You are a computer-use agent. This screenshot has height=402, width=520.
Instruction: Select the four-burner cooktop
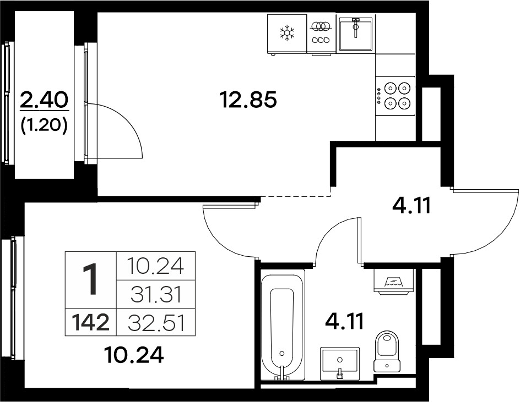point(396,96)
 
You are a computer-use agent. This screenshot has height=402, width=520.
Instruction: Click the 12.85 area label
point(248,100)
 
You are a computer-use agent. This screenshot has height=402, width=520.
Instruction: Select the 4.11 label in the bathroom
point(345,321)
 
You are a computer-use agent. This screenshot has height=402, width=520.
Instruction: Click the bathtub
point(283,324)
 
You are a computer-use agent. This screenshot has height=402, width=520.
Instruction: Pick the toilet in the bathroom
point(387,351)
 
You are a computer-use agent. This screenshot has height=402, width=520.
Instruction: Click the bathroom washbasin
point(340,364)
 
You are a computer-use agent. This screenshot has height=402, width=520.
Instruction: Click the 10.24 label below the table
point(133,355)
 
